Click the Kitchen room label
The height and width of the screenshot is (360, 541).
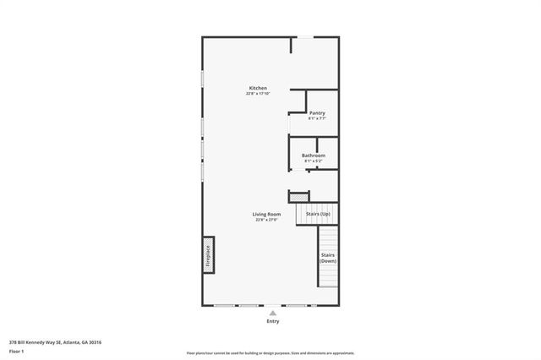pos(258,88)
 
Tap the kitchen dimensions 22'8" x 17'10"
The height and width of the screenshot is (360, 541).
pos(258,93)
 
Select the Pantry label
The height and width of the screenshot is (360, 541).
pos(317,113)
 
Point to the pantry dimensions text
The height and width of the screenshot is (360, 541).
pos(317,118)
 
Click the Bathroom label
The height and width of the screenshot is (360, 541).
pos(314,155)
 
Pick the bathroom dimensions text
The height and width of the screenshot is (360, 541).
pos(314,161)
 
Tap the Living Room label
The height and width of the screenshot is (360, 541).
pos(266,215)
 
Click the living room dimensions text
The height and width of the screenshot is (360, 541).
pos(266,220)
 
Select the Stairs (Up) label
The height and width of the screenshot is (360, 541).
pos(318,215)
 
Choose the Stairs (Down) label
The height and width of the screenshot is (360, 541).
pos(328,258)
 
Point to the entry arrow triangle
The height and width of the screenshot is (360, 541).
pos(272,312)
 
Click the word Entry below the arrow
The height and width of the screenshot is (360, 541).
pos(272,321)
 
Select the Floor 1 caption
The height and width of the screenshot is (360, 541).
pos(16,352)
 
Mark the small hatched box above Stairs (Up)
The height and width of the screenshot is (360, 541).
pos(299,197)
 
